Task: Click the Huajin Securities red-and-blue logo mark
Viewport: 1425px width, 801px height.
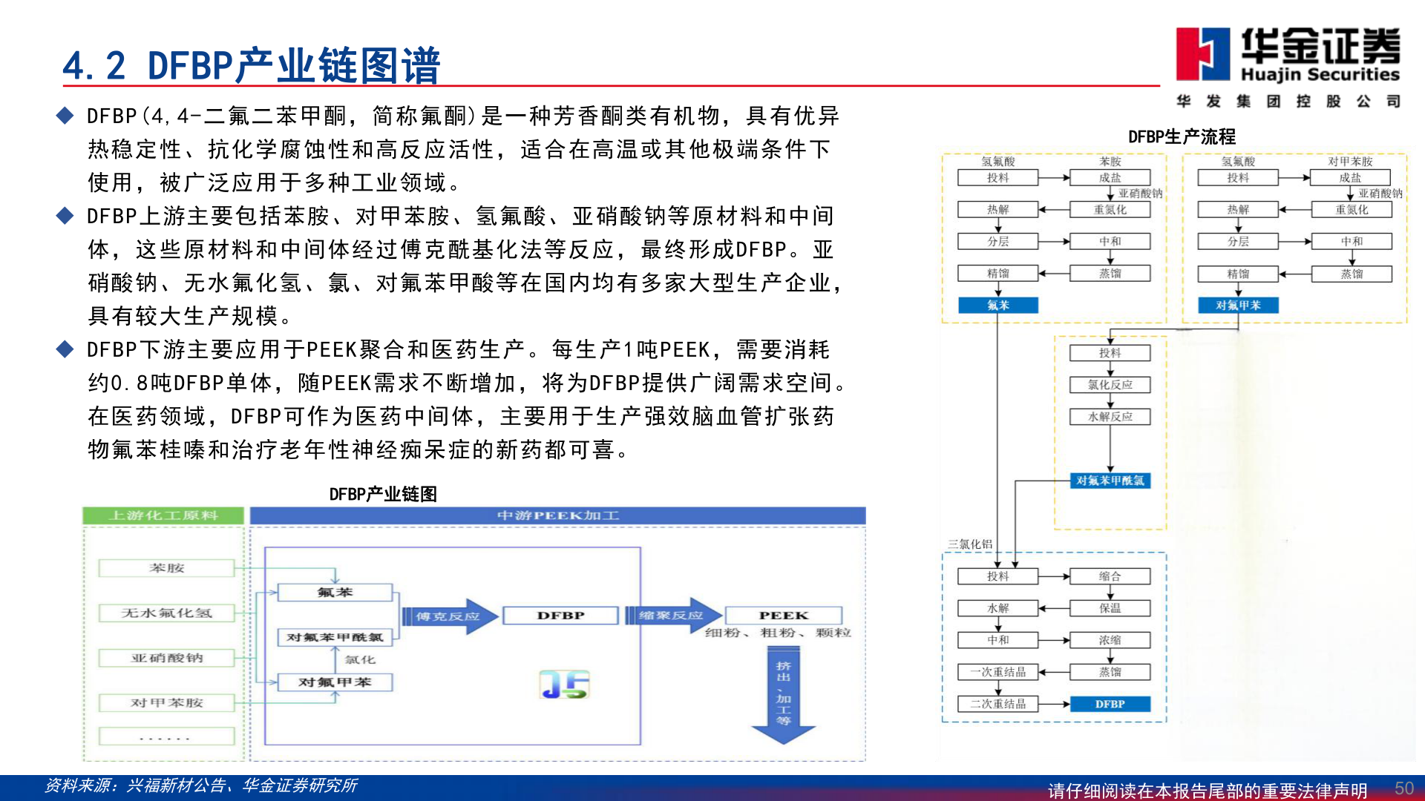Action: click(1202, 53)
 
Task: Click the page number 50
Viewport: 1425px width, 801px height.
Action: click(1403, 788)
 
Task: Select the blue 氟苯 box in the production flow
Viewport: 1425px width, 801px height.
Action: click(997, 305)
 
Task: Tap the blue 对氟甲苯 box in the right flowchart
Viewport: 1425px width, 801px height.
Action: click(1237, 305)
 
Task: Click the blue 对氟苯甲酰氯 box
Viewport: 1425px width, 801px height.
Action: click(1110, 481)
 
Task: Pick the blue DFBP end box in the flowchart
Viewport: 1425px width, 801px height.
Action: click(1110, 704)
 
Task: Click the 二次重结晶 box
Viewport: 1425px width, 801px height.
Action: click(997, 704)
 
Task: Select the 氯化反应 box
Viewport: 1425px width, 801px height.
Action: click(1110, 385)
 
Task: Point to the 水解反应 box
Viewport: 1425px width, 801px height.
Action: click(1110, 417)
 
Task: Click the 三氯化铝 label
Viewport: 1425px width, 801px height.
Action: click(969, 544)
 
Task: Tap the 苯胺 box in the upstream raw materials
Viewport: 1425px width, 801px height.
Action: click(166, 568)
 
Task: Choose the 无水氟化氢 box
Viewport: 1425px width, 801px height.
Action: click(166, 613)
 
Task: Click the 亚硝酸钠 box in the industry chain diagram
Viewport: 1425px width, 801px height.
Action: click(166, 658)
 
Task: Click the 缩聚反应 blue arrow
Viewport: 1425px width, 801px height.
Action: click(672, 615)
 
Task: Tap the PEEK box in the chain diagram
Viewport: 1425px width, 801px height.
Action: click(783, 616)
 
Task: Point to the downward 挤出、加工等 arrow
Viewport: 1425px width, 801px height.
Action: click(783, 694)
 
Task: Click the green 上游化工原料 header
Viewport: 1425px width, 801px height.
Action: click(163, 515)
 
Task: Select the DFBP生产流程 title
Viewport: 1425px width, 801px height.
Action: click(1182, 136)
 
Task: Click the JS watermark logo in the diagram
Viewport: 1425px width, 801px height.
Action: click(564, 685)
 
